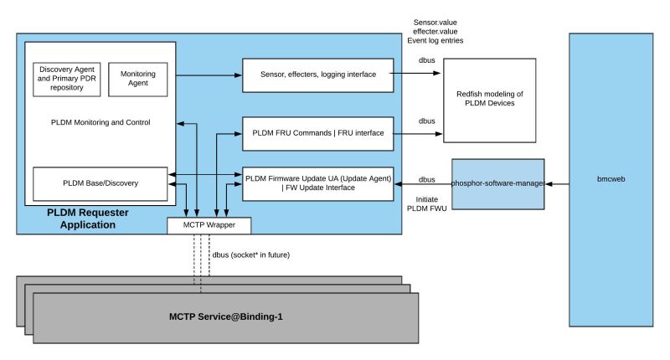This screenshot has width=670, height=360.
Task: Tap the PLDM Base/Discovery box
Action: [x=100, y=183]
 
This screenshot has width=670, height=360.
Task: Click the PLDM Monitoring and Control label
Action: [x=100, y=123]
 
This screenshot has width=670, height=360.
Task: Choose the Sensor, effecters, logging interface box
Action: [x=317, y=75]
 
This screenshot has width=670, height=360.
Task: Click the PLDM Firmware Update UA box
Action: [x=317, y=183]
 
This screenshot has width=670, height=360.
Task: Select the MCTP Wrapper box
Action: [x=209, y=225]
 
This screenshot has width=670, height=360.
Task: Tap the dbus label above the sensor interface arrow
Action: [x=426, y=61]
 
